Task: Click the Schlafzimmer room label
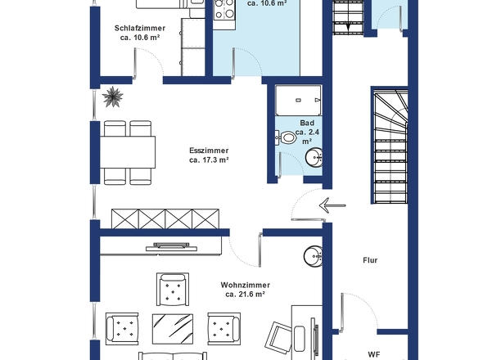(x=140, y=28)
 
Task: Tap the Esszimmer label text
(x=209, y=151)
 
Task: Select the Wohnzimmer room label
(x=246, y=286)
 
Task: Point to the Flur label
(x=370, y=260)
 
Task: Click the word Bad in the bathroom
(x=307, y=123)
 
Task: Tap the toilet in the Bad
(x=286, y=137)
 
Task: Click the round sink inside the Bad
(x=314, y=157)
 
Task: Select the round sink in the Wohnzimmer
(x=313, y=256)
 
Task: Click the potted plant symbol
(x=113, y=97)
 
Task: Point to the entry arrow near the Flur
(x=332, y=205)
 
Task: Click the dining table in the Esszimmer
(x=128, y=152)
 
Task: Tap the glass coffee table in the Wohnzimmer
(x=173, y=329)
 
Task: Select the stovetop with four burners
(x=224, y=9)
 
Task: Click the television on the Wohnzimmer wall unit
(x=171, y=246)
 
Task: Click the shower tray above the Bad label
(x=298, y=101)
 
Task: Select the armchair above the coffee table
(x=173, y=289)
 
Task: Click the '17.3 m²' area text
(x=209, y=160)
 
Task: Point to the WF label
(x=374, y=354)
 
